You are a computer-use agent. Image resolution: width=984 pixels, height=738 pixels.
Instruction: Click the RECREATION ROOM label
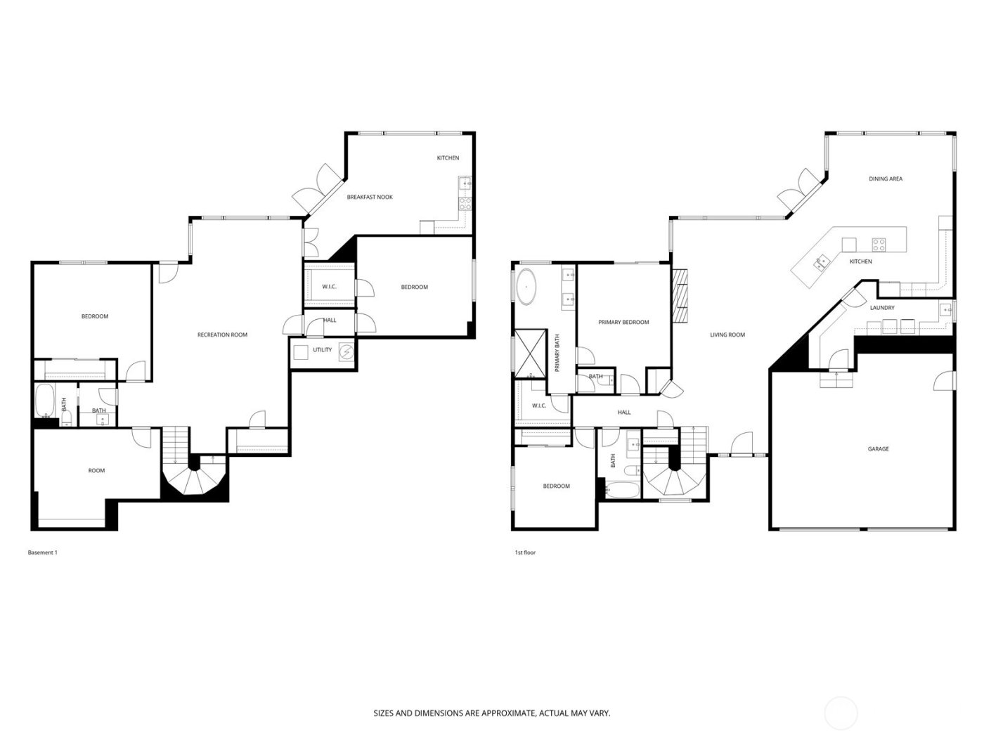point(222,335)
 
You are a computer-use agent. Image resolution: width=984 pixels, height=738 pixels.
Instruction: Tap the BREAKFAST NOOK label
point(370,198)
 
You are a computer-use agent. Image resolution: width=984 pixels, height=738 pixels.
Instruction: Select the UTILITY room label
point(323,350)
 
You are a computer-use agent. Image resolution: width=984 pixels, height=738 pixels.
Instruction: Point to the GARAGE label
point(878,449)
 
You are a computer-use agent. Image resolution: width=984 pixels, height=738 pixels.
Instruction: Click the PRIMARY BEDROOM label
point(623,323)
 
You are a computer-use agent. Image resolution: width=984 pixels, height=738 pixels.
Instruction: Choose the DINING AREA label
point(885,179)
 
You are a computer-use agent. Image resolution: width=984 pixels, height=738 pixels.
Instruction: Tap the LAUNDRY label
point(881,308)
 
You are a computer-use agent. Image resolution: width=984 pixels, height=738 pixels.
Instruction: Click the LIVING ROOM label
point(727,335)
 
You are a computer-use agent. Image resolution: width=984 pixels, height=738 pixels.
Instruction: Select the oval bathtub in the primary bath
point(526,288)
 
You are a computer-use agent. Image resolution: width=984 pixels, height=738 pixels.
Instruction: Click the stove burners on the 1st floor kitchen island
point(879,245)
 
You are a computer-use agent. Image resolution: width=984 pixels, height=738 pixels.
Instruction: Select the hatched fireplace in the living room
point(679,295)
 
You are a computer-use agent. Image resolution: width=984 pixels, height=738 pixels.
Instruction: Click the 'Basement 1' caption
point(42,553)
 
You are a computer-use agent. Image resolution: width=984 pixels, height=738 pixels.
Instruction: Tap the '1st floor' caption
point(525,553)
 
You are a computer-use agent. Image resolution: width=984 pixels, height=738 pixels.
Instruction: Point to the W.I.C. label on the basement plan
point(329,287)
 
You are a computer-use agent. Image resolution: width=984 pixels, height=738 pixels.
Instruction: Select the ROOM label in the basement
point(96,471)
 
